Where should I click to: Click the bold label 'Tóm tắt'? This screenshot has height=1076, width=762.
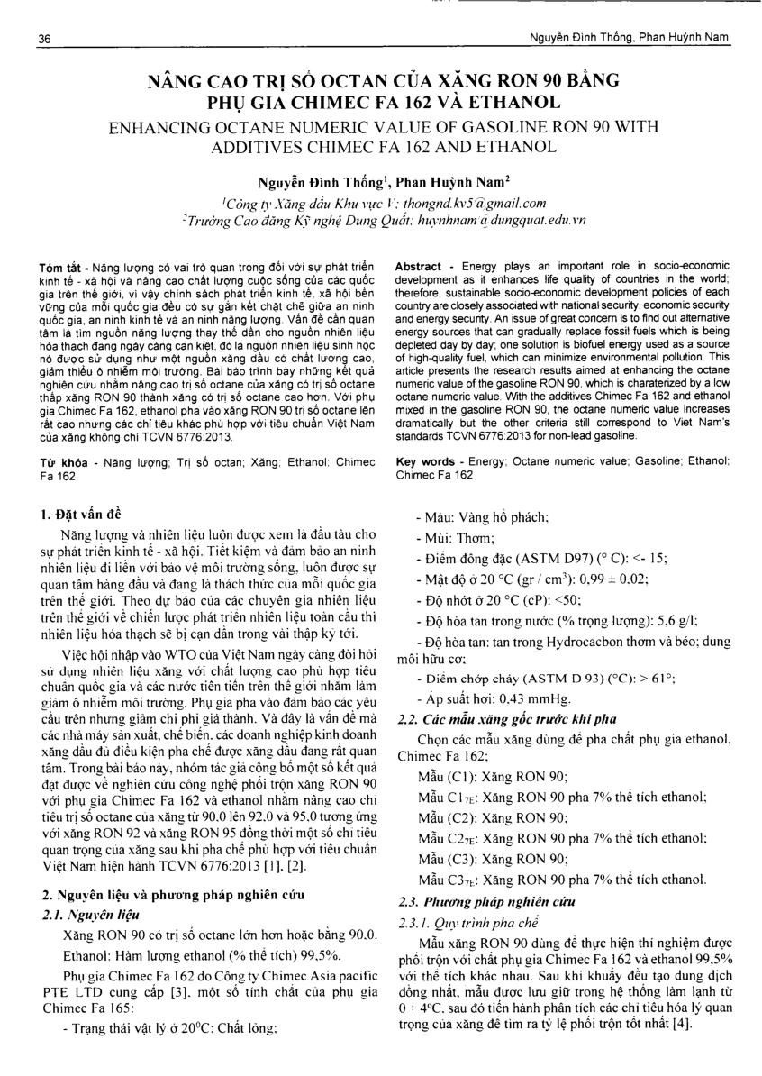click(59, 269)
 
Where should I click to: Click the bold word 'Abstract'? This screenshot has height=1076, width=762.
click(418, 269)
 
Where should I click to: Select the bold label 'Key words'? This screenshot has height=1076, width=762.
click(425, 461)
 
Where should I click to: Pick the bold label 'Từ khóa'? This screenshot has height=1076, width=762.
click(60, 461)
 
